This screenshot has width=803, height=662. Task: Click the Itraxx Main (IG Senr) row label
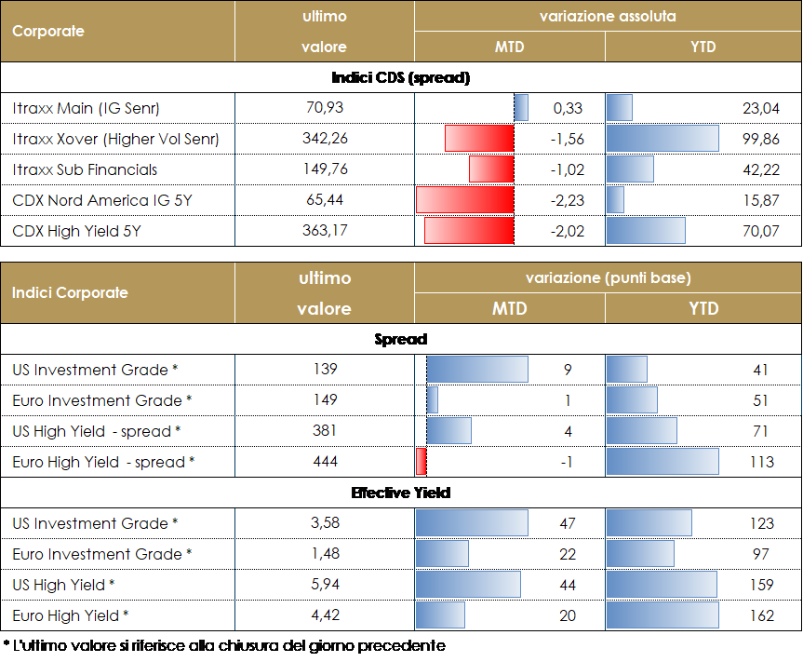point(87,108)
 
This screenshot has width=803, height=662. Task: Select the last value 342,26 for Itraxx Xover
point(325,139)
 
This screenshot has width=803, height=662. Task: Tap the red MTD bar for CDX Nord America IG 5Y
point(465,200)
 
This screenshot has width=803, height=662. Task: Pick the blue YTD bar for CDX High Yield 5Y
point(646,231)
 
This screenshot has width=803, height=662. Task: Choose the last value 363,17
point(325,231)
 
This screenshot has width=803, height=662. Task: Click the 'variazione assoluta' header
point(608,17)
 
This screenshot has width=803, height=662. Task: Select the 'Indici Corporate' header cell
point(71,292)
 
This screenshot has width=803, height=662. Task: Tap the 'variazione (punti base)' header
point(608,278)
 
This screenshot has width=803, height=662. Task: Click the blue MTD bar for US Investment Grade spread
point(477,370)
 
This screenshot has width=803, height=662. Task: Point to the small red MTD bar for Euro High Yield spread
point(422,462)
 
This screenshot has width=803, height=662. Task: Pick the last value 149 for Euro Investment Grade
point(325,400)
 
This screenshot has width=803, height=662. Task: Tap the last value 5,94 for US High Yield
point(325,585)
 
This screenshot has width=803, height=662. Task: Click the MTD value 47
point(568,523)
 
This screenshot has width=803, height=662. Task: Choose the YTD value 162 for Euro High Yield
point(760,615)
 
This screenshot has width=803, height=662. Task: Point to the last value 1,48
point(325,554)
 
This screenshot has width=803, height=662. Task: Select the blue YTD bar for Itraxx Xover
point(662,139)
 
